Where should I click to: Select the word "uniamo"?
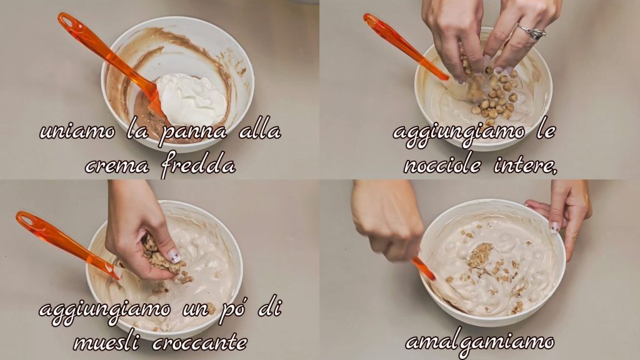tap(77, 132)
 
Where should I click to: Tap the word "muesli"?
tap(107, 342)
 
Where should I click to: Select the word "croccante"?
tap(200, 343)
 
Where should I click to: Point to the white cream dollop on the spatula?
tap(191, 99)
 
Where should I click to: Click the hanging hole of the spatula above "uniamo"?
tap(67, 21)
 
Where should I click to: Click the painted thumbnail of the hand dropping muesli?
tap(174, 256)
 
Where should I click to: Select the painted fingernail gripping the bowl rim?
tap(554, 227)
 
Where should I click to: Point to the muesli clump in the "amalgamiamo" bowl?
tap(479, 256)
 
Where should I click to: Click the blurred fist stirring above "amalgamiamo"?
tap(387, 221)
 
